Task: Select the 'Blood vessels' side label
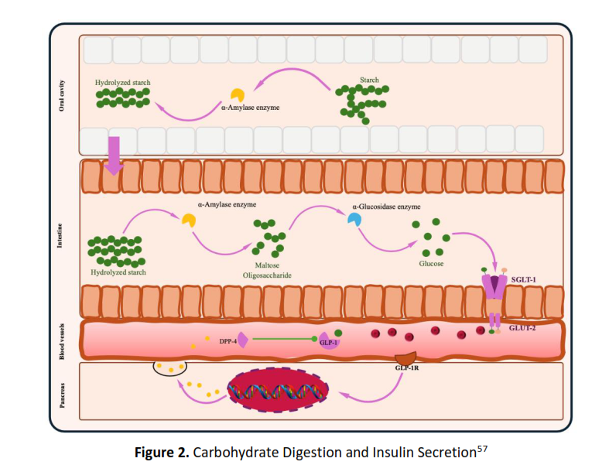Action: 62,340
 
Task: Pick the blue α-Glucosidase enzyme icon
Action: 354,220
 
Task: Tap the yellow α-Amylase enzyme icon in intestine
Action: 189,221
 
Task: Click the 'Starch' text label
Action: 369,79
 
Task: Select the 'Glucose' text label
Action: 430,264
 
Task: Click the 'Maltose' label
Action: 267,264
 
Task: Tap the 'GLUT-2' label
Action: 523,328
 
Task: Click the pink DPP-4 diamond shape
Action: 242,339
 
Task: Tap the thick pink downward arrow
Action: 114,159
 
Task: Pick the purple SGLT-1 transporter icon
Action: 494,287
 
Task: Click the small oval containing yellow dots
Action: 169,367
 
